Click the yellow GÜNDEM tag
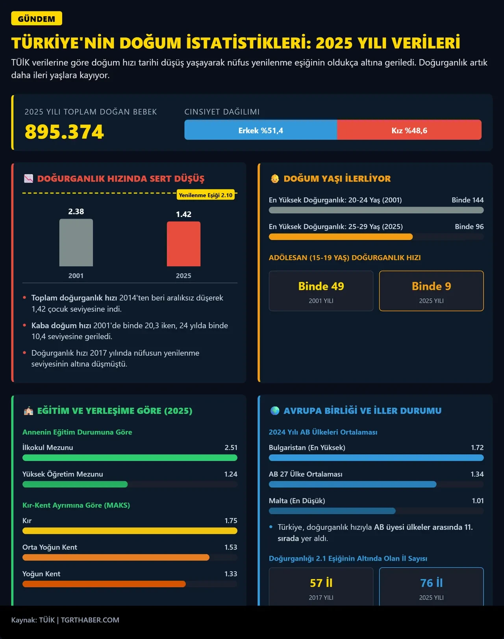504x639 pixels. pyautogui.click(x=37, y=19)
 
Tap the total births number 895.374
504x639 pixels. pyautogui.click(x=65, y=132)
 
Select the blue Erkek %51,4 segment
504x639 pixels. pyautogui.click(x=261, y=130)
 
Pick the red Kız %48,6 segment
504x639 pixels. pyautogui.click(x=409, y=130)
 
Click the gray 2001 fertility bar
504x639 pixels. pyautogui.click(x=76, y=243)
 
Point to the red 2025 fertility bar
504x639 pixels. pyautogui.click(x=183, y=244)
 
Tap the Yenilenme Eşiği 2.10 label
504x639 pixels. pyautogui.click(x=206, y=195)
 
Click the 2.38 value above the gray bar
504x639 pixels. pyautogui.click(x=76, y=212)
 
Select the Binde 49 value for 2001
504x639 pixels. pyautogui.click(x=321, y=286)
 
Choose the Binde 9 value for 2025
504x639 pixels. pyautogui.click(x=431, y=286)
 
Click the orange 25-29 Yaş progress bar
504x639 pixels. pyautogui.click(x=341, y=237)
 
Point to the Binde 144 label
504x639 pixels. pyautogui.click(x=467, y=200)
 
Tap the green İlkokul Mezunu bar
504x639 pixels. pyautogui.click(x=130, y=457)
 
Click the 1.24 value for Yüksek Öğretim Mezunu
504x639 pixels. pyautogui.click(x=231, y=474)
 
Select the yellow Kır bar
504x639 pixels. pyautogui.click(x=130, y=531)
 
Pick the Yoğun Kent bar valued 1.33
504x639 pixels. pyautogui.click(x=104, y=584)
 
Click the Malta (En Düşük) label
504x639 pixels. pyautogui.click(x=297, y=501)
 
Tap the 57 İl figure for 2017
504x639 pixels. pyautogui.click(x=321, y=583)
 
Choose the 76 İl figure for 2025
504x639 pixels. pyautogui.click(x=431, y=583)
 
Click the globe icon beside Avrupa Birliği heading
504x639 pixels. pyautogui.click(x=275, y=411)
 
